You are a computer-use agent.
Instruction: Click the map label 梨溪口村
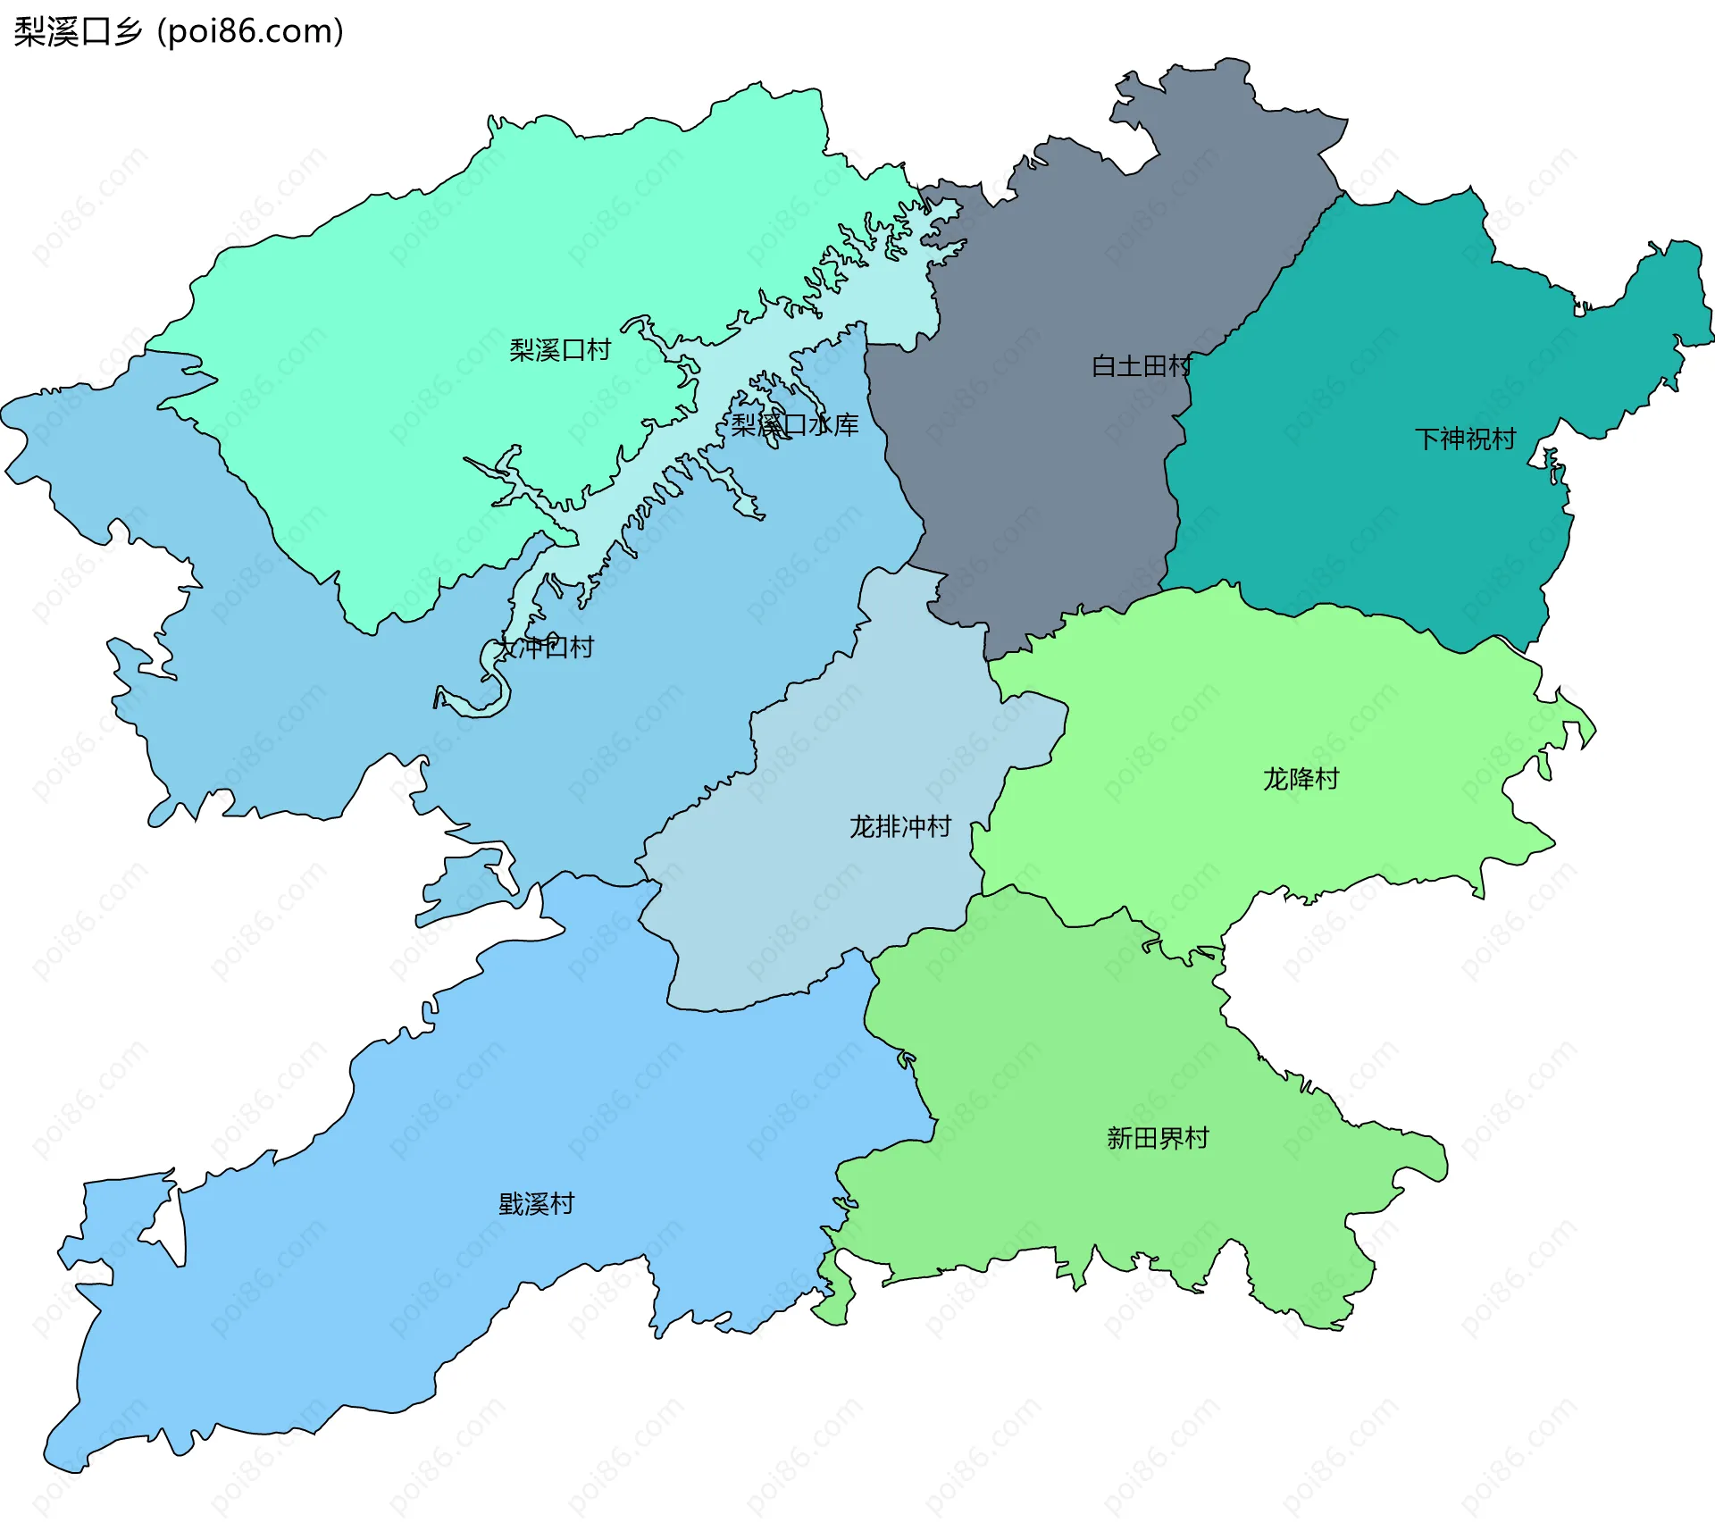coord(560,350)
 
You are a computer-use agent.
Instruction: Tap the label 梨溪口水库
coord(795,424)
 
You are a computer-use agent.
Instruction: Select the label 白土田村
coord(1142,366)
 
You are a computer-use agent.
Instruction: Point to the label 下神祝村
coord(1465,439)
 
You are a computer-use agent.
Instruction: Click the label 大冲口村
coord(545,647)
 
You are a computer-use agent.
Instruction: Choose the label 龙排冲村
coord(900,826)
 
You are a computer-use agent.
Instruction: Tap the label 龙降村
coord(1301,779)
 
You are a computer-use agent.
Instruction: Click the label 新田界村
coord(1158,1138)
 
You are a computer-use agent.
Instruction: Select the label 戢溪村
coord(536,1204)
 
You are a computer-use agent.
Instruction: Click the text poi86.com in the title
coord(251,32)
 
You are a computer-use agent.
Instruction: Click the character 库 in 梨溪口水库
coord(846,424)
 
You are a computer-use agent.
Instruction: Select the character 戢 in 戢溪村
coord(511,1204)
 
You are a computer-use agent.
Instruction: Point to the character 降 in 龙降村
coord(1301,779)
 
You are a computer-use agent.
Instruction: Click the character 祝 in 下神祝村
coord(1477,439)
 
